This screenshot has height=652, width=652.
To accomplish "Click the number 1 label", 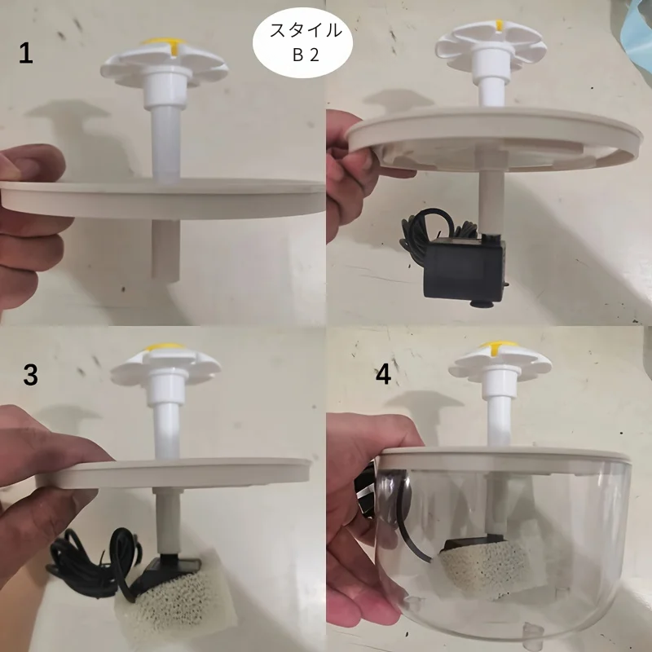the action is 26,54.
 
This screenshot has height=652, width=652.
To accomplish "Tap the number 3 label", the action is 30,375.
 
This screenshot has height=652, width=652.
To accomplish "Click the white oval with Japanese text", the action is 302,42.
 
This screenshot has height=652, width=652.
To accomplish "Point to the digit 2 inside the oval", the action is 314,55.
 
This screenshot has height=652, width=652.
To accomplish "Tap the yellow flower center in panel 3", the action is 165,346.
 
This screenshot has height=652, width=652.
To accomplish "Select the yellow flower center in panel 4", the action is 499,345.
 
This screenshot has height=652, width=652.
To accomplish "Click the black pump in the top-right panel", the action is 465,268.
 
